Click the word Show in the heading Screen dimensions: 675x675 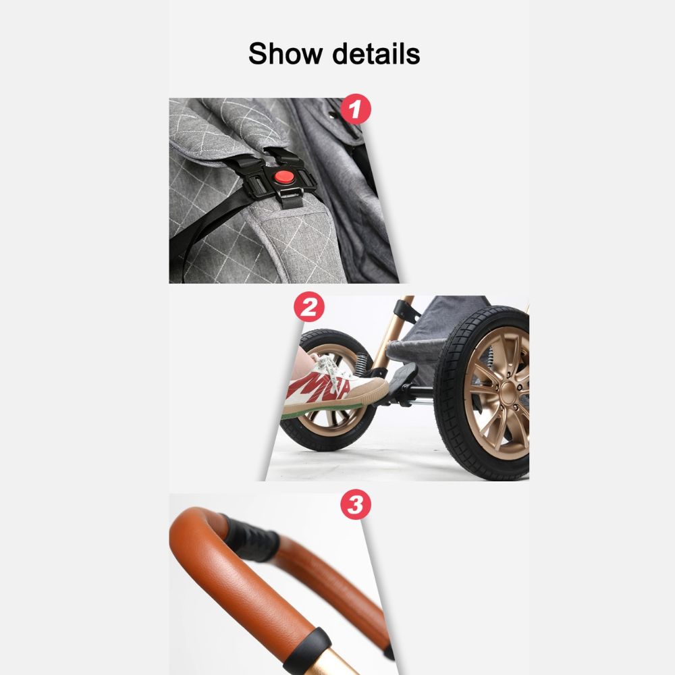click(285, 54)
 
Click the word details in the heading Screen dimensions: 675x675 click(376, 54)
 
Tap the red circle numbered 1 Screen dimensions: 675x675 click(356, 109)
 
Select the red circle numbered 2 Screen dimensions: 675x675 click(309, 307)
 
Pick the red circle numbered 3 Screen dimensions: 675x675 click(356, 504)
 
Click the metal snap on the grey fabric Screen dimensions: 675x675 click(333, 115)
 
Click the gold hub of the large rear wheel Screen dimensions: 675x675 click(509, 392)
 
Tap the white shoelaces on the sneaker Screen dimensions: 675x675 click(331, 370)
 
